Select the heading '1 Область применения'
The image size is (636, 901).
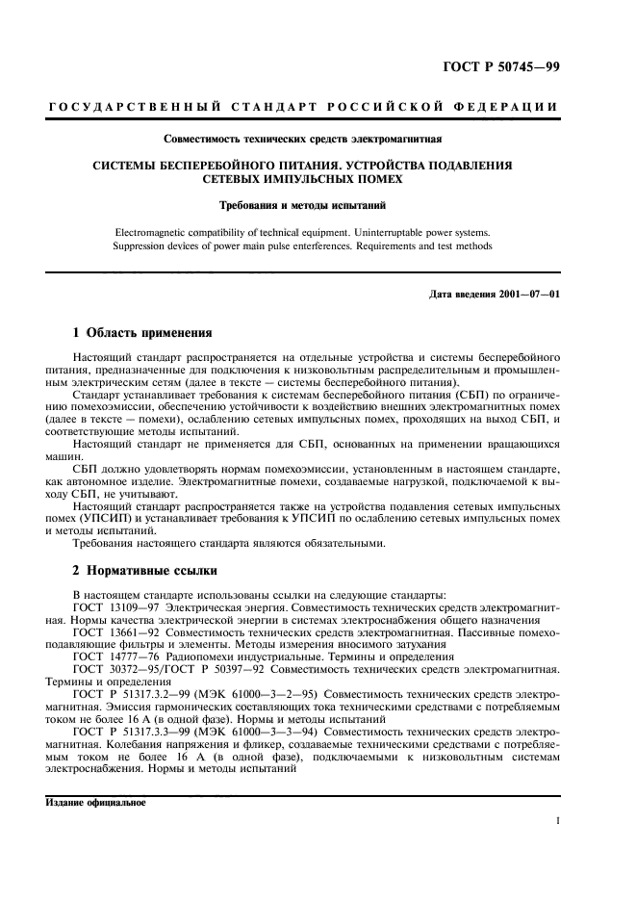[x=142, y=333]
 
